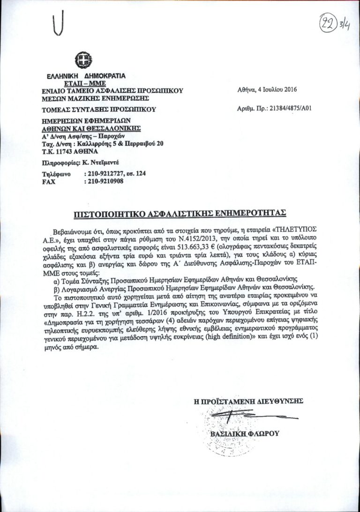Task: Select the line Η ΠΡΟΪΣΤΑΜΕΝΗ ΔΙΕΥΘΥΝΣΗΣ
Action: [x=248, y=401]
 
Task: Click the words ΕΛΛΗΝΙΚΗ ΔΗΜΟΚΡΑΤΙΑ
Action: [x=86, y=75]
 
